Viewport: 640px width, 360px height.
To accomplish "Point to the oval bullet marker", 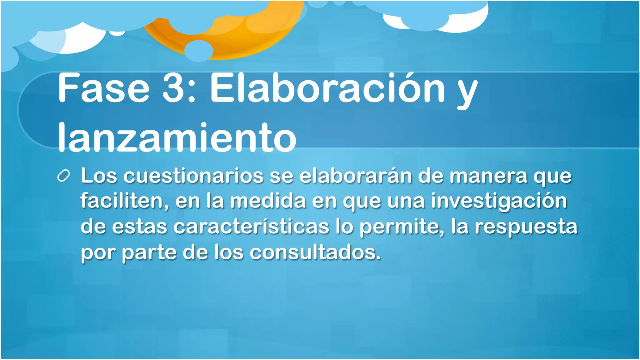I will click(63, 176).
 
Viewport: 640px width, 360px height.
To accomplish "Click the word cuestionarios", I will click(193, 176).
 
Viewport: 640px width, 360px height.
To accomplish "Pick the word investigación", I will click(499, 201).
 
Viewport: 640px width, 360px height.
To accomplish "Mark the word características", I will click(251, 227).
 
